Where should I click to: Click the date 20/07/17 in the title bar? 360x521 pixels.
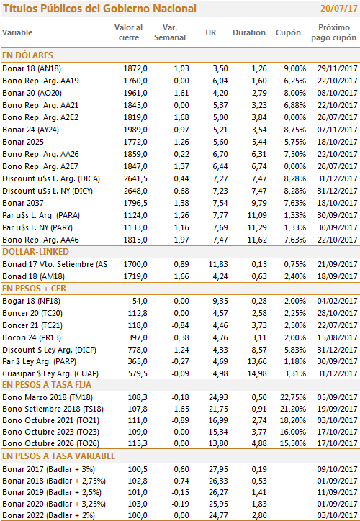click(x=338, y=9)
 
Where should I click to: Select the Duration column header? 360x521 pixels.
click(x=249, y=32)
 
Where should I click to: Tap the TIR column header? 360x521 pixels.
click(x=210, y=32)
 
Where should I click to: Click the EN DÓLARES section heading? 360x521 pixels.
click(x=27, y=55)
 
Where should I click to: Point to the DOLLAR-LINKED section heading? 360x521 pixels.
click(x=35, y=252)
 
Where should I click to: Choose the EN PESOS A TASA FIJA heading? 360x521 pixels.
click(x=47, y=385)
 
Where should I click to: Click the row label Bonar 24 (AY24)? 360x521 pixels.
click(x=30, y=130)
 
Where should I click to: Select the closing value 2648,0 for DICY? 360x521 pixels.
click(x=135, y=191)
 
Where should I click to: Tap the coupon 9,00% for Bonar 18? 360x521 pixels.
click(x=295, y=69)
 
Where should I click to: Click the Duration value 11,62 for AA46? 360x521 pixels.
click(x=257, y=240)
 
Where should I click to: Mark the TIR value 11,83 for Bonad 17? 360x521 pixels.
click(x=218, y=265)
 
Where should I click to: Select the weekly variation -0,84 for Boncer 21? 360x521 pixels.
click(x=180, y=325)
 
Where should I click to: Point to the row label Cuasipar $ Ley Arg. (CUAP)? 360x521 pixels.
click(x=50, y=373)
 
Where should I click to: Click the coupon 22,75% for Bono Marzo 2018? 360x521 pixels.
click(x=293, y=397)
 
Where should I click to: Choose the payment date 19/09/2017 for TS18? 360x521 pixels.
click(x=338, y=409)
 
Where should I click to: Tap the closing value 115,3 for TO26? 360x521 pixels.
click(x=138, y=443)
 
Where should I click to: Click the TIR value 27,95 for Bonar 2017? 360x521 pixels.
click(x=218, y=469)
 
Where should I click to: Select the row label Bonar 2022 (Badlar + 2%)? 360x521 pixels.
click(x=48, y=516)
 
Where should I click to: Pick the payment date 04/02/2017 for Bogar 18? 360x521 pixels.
click(x=338, y=301)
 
